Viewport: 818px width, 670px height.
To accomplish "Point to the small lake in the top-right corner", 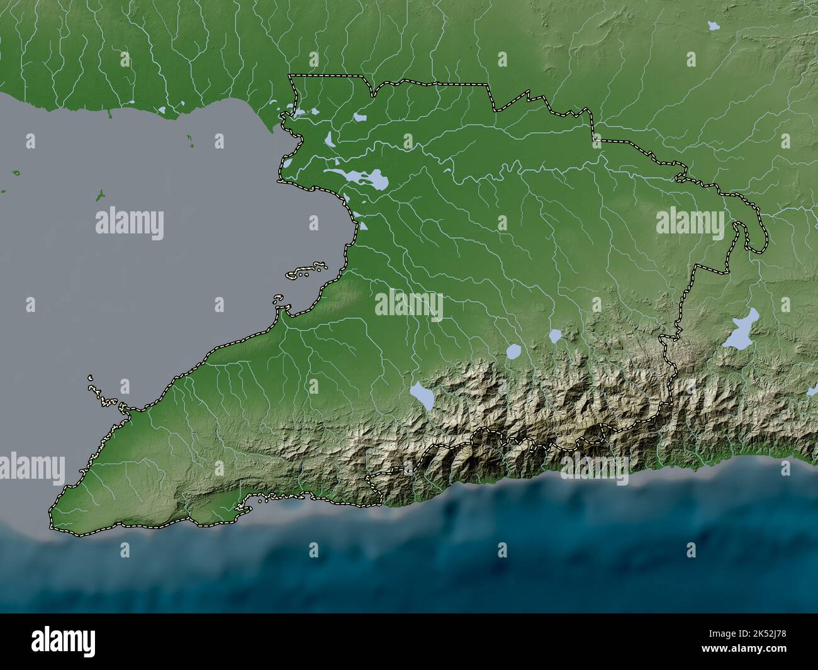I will click(x=713, y=26).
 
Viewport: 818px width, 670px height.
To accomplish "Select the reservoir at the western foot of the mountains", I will click(x=421, y=396).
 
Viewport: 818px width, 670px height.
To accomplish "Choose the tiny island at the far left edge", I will click(x=16, y=172).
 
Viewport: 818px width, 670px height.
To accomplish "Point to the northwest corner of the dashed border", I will click(x=290, y=76).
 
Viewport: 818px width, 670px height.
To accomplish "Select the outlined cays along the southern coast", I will click(x=277, y=498).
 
